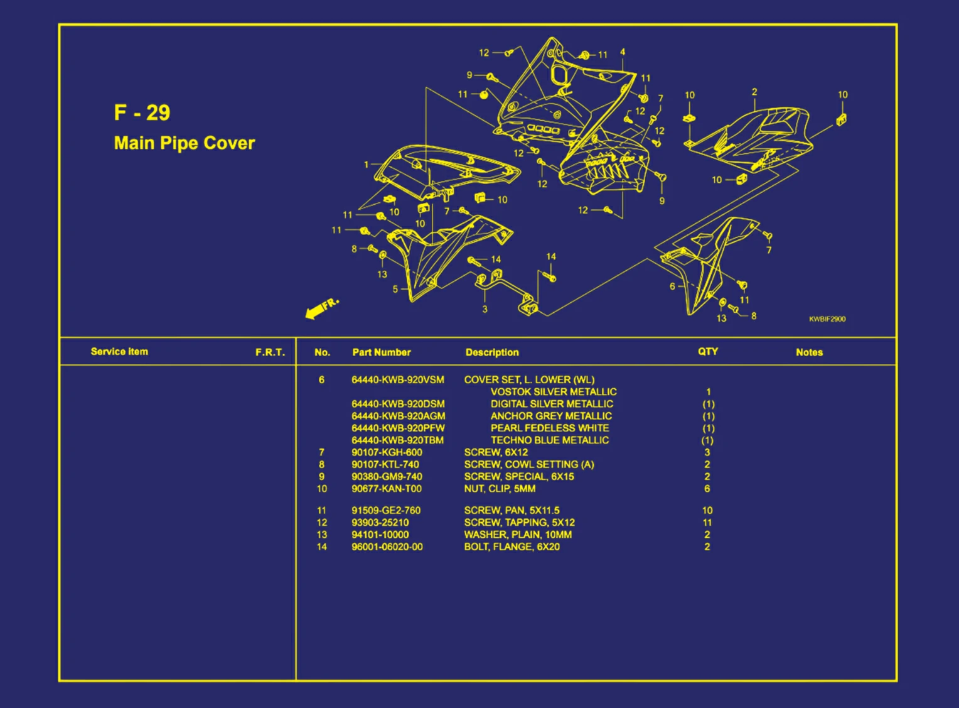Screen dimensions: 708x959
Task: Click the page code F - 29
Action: (x=142, y=112)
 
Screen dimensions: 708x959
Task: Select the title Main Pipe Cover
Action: (x=184, y=143)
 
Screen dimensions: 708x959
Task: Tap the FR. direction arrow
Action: (x=321, y=308)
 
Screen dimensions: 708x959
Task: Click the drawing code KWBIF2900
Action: (x=827, y=319)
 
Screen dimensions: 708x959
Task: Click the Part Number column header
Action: (x=381, y=352)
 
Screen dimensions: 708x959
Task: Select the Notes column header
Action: (x=808, y=352)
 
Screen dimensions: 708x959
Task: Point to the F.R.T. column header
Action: (x=270, y=352)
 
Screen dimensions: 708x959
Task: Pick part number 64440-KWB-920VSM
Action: (x=397, y=379)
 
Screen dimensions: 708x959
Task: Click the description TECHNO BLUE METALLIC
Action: (x=549, y=440)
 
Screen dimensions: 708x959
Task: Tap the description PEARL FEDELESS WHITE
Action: (x=549, y=428)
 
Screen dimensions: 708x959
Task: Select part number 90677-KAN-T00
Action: (x=386, y=489)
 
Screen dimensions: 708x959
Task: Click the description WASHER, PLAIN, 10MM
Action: (x=518, y=535)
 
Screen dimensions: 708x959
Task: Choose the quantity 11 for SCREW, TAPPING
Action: (x=707, y=523)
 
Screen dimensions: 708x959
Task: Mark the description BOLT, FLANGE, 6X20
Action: (x=512, y=547)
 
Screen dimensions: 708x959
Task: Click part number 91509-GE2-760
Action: (x=385, y=511)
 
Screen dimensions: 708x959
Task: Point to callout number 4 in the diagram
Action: (x=622, y=52)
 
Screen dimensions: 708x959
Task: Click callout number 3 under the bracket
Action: (x=485, y=309)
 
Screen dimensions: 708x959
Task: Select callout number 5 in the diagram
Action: (x=395, y=289)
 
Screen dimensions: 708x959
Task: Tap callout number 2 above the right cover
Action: (x=754, y=92)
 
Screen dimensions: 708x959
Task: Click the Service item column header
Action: (x=119, y=352)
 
